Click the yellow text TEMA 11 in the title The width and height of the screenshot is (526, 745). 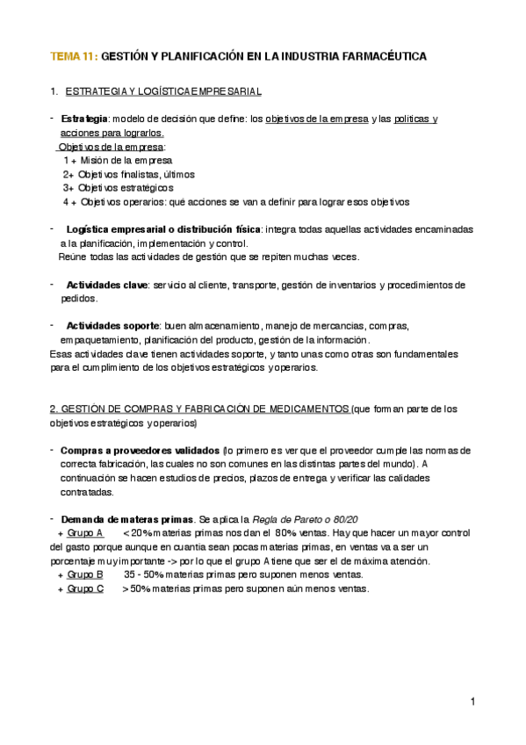(x=73, y=56)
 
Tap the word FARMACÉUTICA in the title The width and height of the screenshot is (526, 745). (x=384, y=56)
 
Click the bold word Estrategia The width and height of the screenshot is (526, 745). (x=84, y=118)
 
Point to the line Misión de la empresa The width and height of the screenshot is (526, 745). (x=123, y=161)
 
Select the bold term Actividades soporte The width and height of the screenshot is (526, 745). (x=112, y=326)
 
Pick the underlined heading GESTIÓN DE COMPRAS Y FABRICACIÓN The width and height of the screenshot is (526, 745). (x=199, y=409)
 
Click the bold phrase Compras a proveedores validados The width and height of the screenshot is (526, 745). (x=140, y=451)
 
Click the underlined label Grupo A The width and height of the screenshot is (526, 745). (x=85, y=532)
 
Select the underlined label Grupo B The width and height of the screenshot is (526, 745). (x=85, y=575)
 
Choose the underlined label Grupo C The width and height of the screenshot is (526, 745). (x=85, y=589)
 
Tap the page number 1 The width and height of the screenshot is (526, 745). (x=472, y=701)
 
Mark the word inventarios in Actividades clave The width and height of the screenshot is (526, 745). (x=345, y=285)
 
